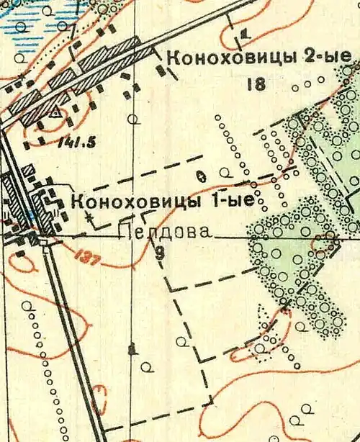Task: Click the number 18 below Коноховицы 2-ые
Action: (256, 84)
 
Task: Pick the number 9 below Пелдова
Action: (160, 252)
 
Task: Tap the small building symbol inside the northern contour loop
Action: (245, 32)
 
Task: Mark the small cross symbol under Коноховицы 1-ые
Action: (89, 215)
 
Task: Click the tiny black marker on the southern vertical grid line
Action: (130, 351)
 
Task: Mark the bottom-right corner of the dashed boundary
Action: (212, 401)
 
